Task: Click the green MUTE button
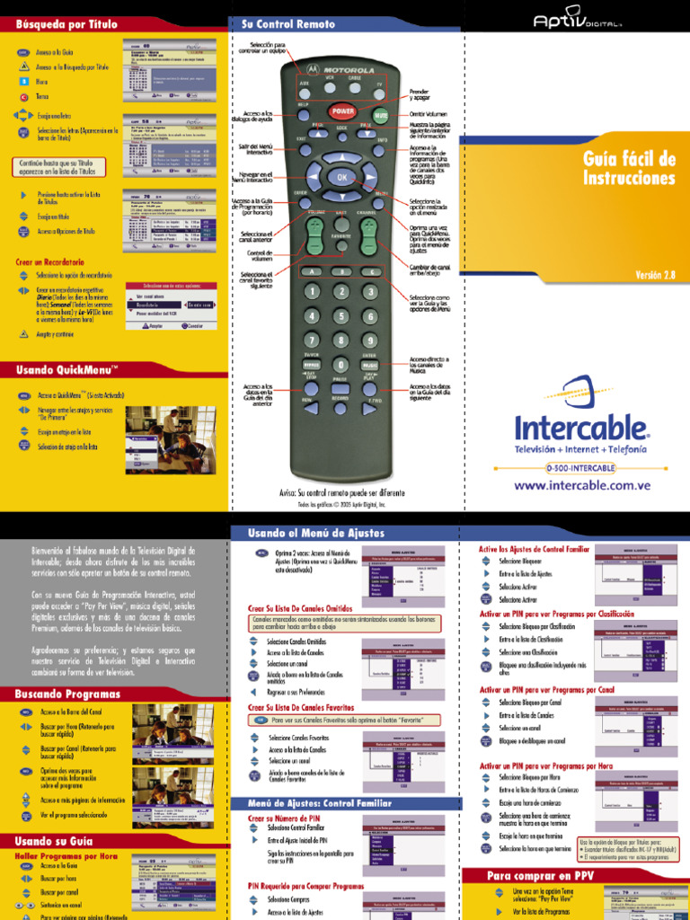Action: tap(380, 116)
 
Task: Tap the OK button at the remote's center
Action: tap(341, 178)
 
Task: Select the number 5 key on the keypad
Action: tap(341, 316)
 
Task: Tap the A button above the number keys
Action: tap(313, 270)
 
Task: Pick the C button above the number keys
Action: tap(369, 270)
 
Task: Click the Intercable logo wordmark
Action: tap(581, 426)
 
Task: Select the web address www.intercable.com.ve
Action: tap(581, 485)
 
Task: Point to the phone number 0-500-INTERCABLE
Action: tap(580, 468)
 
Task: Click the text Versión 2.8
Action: tap(655, 274)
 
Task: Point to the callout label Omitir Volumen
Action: tap(428, 114)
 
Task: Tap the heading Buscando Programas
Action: tap(67, 694)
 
